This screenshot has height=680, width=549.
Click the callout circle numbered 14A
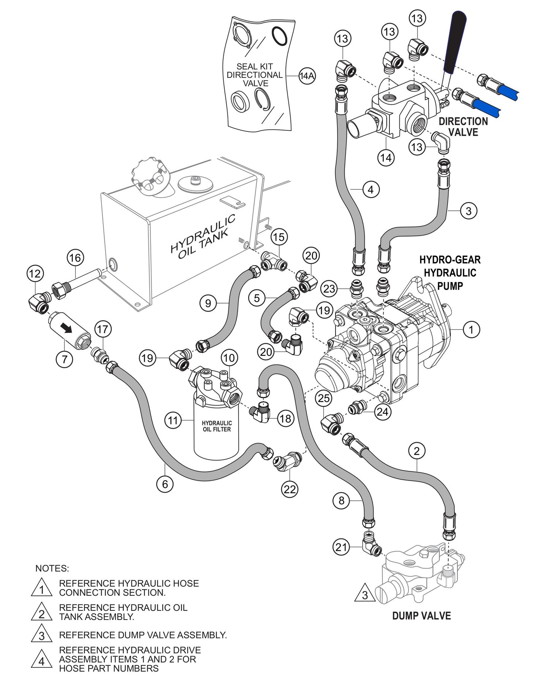click(x=307, y=76)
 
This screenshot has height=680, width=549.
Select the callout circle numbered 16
click(x=75, y=258)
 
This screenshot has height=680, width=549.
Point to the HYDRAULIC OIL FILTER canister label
click(x=216, y=426)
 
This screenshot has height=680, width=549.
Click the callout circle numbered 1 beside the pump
click(x=471, y=329)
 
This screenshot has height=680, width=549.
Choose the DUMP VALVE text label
click(x=421, y=616)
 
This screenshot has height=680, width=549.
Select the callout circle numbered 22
click(x=290, y=489)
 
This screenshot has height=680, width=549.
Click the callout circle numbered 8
click(x=341, y=501)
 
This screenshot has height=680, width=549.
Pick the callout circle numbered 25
click(x=324, y=399)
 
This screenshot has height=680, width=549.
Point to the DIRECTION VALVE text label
click(x=463, y=127)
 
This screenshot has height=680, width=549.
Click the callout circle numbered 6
click(x=165, y=484)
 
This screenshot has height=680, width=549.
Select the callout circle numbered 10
click(x=229, y=357)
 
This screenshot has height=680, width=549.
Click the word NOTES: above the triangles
click(x=52, y=568)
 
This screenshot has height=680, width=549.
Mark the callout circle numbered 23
click(x=329, y=289)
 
